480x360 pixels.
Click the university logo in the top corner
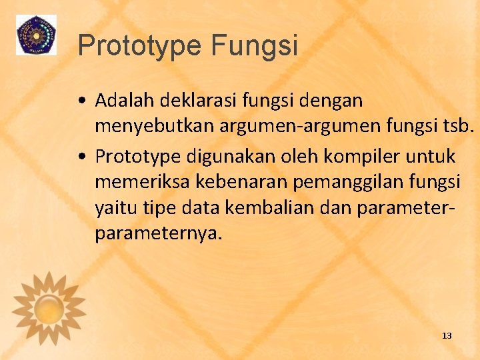point(36,35)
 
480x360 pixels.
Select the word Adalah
point(122,101)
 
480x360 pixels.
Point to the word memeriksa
point(138,179)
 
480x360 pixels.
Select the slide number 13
point(447,335)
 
